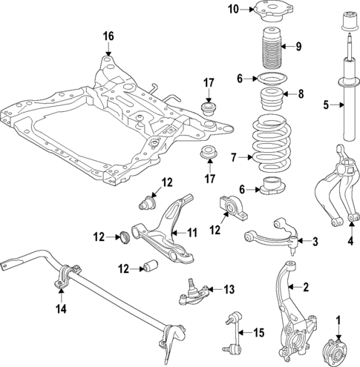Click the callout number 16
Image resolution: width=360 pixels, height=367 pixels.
[108, 36]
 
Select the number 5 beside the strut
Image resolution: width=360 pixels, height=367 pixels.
[326, 105]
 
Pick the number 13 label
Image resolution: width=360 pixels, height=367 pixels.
[228, 290]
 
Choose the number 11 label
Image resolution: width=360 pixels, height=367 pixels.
[192, 233]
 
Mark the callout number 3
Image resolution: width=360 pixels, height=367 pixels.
[315, 242]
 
